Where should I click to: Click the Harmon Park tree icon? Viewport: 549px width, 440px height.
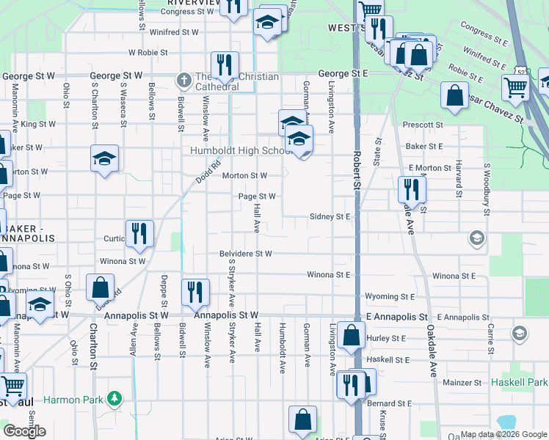pyautogui.click(x=114, y=399)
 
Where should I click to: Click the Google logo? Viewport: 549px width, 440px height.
pyautogui.click(x=25, y=431)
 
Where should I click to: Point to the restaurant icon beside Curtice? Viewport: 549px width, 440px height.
pyautogui.click(x=139, y=233)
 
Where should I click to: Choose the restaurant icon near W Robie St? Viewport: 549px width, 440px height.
pyautogui.click(x=225, y=65)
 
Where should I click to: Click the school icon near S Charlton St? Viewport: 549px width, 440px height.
pyautogui.click(x=104, y=158)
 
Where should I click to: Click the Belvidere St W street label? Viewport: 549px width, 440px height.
pyautogui.click(x=245, y=254)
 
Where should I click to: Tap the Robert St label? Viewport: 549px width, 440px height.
pyautogui.click(x=357, y=168)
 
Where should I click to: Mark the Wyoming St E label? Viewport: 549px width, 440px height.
pyautogui.click(x=388, y=298)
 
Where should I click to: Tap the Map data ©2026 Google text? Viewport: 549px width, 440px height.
pyautogui.click(x=503, y=434)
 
